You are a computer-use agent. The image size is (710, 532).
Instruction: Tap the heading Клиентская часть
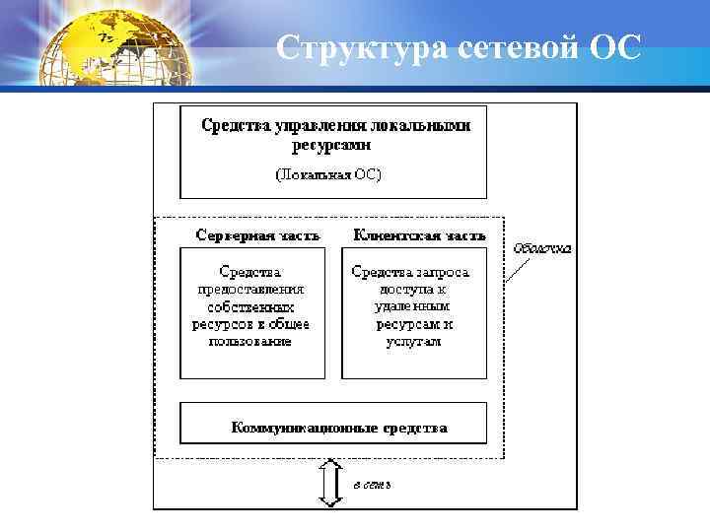[419, 236]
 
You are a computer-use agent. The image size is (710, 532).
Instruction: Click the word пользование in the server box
[249, 342]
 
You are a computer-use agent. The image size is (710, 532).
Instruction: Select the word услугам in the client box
[414, 342]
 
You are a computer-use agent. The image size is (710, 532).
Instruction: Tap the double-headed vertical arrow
[331, 483]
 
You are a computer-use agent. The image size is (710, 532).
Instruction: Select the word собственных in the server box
[249, 306]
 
